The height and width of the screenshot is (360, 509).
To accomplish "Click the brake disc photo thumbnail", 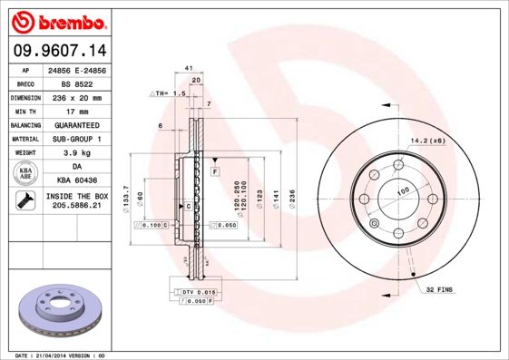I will tap(57, 309).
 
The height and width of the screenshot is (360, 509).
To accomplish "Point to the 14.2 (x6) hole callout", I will tap(427, 141).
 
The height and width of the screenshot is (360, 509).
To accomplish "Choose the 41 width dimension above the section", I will tap(189, 68).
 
